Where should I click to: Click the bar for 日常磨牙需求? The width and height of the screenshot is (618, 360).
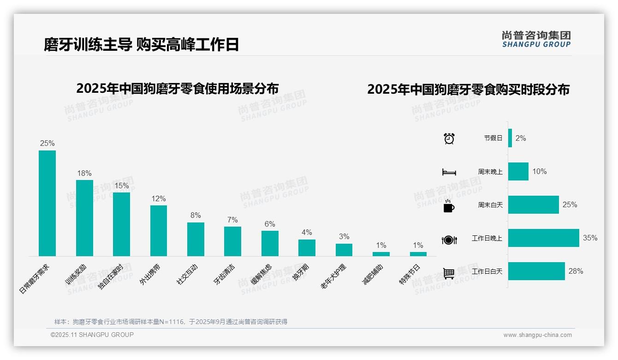coord(47,203)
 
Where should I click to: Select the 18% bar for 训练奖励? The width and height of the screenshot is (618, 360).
coord(84,218)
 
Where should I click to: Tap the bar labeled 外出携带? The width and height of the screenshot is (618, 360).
coord(159,230)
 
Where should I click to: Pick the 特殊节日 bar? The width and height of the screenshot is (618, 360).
coord(418,254)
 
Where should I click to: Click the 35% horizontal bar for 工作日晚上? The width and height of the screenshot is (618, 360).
coord(543,238)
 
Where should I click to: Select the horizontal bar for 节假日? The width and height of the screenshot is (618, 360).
coord(510,138)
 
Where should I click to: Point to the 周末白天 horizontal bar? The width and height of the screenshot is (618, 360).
coord(533,204)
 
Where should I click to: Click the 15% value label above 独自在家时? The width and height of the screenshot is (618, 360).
coord(122,186)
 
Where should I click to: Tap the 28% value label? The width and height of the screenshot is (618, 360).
coord(576,271)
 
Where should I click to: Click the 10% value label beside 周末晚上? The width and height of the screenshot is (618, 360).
coord(539,172)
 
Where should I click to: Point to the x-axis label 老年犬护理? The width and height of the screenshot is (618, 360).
coord(333,276)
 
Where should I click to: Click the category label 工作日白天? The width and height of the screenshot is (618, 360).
coord(487,271)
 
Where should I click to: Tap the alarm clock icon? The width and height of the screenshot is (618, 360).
coord(449,138)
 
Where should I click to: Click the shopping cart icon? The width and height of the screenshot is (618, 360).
coord(449,273)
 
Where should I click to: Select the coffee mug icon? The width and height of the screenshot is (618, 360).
coord(449,206)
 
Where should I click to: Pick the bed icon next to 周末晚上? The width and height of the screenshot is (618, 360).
coord(449,172)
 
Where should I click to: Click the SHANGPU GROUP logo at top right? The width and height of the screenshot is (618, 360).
coord(536,39)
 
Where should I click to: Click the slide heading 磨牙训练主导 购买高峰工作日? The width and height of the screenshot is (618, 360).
coord(141,45)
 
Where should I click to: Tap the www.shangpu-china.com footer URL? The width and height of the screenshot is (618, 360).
coord(537,335)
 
